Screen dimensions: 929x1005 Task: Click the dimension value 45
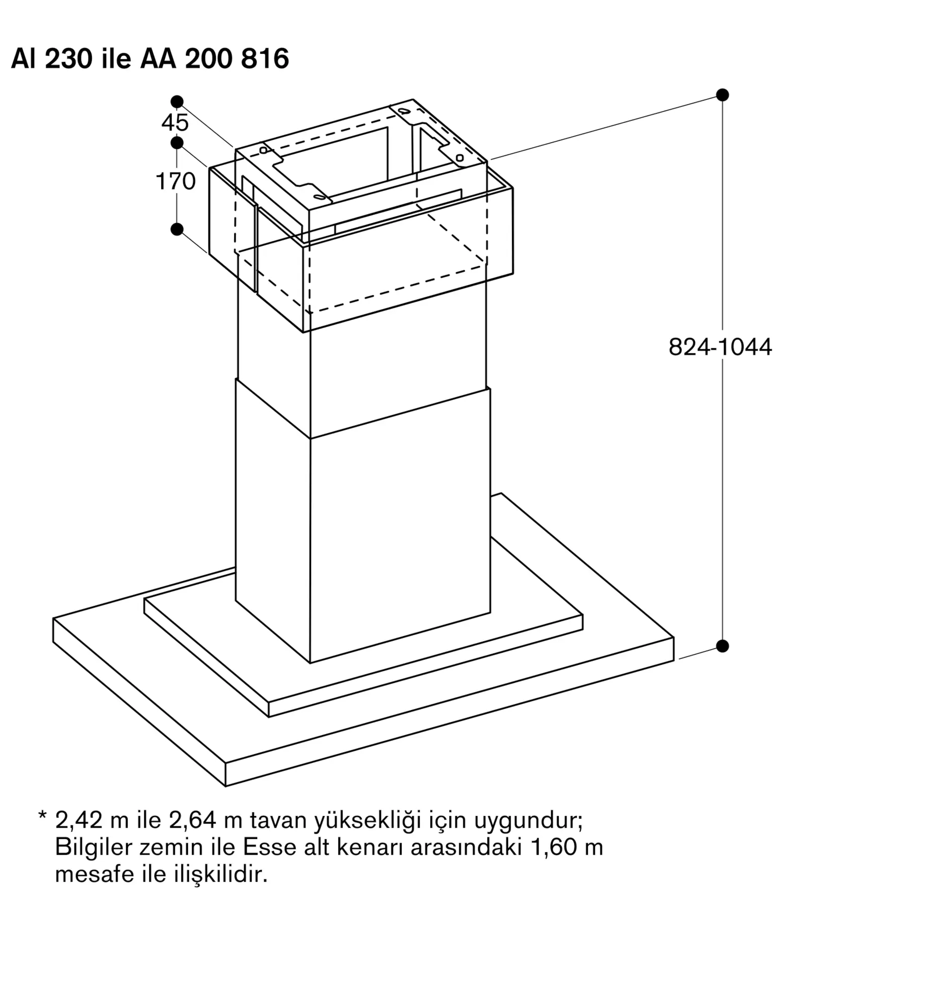pyautogui.click(x=175, y=123)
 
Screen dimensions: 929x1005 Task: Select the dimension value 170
pyautogui.click(x=175, y=181)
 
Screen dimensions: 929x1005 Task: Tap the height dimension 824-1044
pyautogui.click(x=720, y=347)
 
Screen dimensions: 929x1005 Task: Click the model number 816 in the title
pyautogui.click(x=265, y=59)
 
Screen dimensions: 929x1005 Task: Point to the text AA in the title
pyautogui.click(x=158, y=59)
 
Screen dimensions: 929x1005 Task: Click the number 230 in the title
pyautogui.click(x=69, y=59)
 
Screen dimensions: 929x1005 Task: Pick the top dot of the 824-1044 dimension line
pyautogui.click(x=722, y=94)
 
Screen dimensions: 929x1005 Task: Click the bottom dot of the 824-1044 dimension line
pyautogui.click(x=722, y=646)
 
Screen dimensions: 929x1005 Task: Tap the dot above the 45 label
pyautogui.click(x=177, y=102)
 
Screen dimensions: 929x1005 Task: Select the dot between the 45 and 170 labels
pyautogui.click(x=177, y=143)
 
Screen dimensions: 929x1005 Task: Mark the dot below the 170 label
pyautogui.click(x=177, y=229)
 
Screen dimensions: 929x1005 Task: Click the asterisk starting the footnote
pyautogui.click(x=42, y=816)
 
